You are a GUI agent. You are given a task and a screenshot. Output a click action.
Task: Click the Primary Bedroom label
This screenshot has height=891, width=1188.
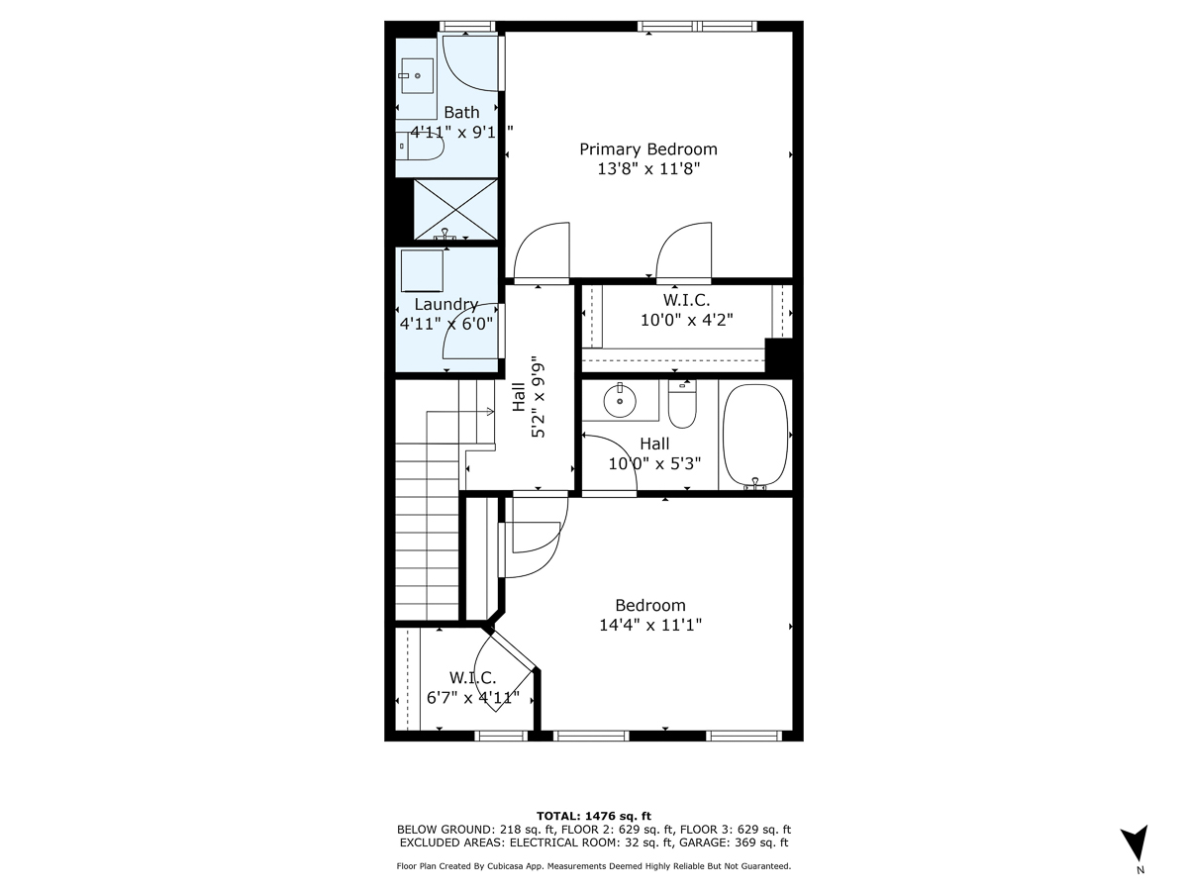(647, 149)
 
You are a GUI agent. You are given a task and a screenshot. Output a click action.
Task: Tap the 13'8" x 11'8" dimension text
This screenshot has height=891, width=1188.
(647, 169)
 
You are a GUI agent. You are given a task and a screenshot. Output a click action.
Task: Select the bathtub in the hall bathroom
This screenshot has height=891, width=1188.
(755, 435)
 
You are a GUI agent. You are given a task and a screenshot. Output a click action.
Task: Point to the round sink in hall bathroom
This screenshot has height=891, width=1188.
(620, 400)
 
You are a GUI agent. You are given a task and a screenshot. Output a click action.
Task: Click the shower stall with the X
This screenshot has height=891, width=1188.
(454, 209)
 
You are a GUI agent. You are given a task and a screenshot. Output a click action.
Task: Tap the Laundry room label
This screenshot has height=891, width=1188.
(445, 305)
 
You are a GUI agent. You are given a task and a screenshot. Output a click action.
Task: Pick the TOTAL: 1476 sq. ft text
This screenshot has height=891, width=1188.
(594, 815)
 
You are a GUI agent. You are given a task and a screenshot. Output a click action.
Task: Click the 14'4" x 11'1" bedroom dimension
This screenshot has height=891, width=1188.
(649, 625)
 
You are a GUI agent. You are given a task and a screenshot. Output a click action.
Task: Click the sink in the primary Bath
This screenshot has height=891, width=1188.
(418, 74)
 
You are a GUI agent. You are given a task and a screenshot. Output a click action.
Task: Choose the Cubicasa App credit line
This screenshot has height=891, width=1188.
(594, 866)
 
